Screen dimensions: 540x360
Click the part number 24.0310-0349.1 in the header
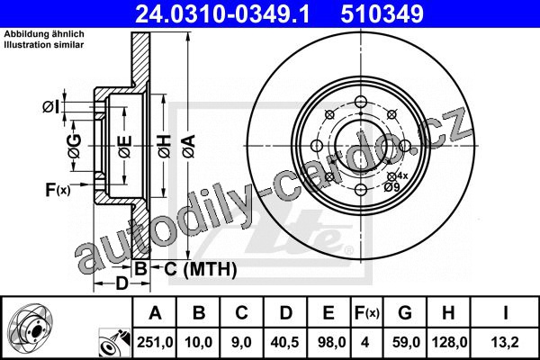[x=222, y=13]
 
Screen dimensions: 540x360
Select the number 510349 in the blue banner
[x=382, y=13]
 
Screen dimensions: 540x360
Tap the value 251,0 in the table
[x=155, y=342]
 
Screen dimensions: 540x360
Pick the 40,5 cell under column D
[x=285, y=342]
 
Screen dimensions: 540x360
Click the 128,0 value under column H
[x=449, y=342]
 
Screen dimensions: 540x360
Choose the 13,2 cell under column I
[x=505, y=342]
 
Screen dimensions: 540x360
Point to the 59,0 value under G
[x=406, y=342]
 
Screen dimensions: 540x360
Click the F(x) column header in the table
[x=367, y=313]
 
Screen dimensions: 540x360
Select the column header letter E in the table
[x=328, y=313]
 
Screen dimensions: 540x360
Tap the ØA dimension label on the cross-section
[x=189, y=147]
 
